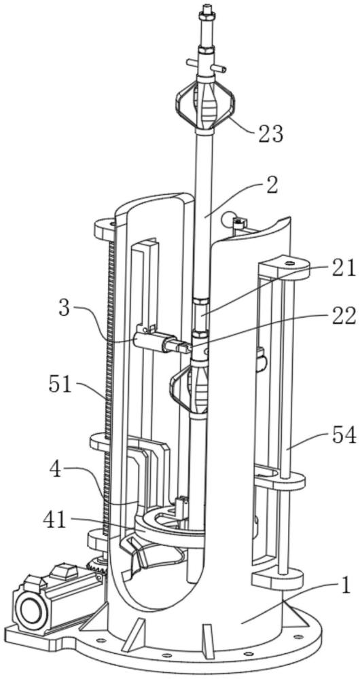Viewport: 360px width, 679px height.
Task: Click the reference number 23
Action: click(x=270, y=134)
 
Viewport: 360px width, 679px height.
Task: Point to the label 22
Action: click(x=344, y=316)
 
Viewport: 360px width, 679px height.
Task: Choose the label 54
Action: click(x=344, y=435)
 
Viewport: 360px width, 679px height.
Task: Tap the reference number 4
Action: click(x=56, y=469)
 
